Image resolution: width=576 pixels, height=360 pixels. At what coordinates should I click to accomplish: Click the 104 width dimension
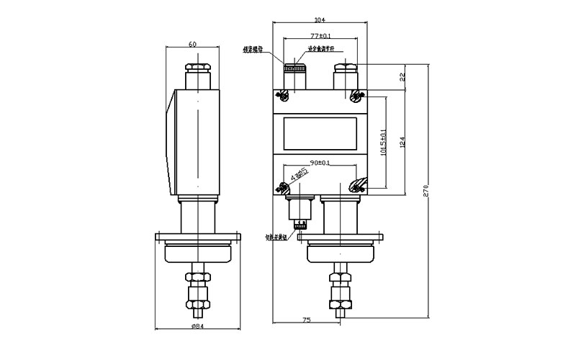tap(320, 20)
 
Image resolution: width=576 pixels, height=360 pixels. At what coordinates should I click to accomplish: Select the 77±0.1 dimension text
tap(320, 35)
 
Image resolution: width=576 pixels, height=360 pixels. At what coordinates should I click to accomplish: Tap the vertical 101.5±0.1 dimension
tap(382, 141)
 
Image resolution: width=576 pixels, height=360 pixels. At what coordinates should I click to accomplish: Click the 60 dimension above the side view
tap(193, 45)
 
